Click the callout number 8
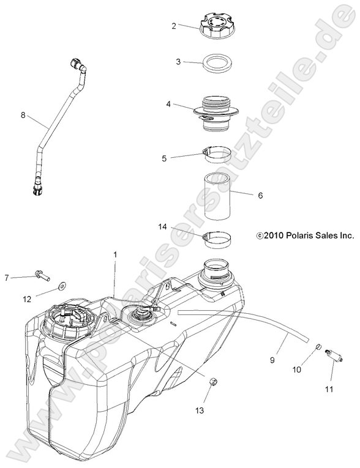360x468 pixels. click(23, 114)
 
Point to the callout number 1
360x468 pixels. click(114, 253)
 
